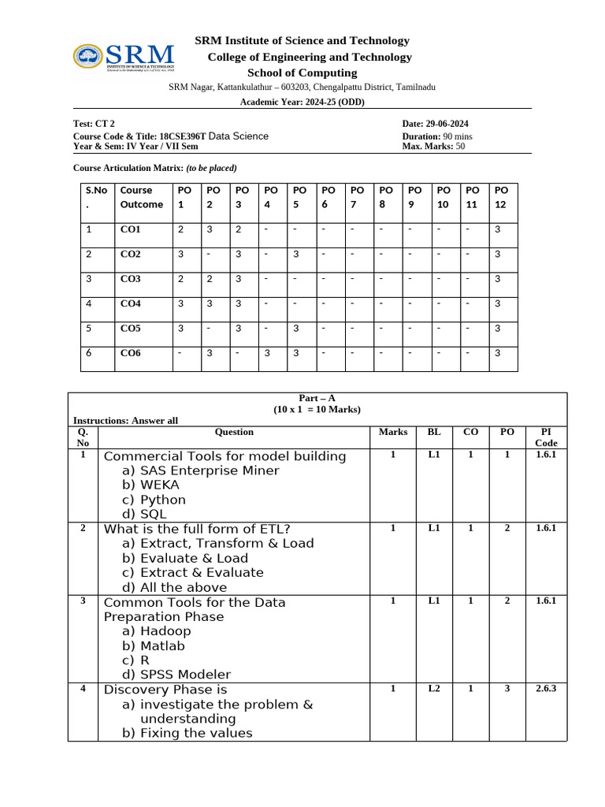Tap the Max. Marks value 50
(460, 146)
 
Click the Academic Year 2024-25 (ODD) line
(302, 102)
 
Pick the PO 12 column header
(500, 197)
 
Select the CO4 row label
(130, 303)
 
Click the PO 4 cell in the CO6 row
(267, 353)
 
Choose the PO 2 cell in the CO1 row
(210, 229)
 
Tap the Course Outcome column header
(142, 197)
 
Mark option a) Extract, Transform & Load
(217, 543)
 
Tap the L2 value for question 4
(434, 689)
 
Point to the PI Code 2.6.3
(546, 689)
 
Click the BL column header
(434, 432)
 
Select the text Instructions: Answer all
(125, 421)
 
